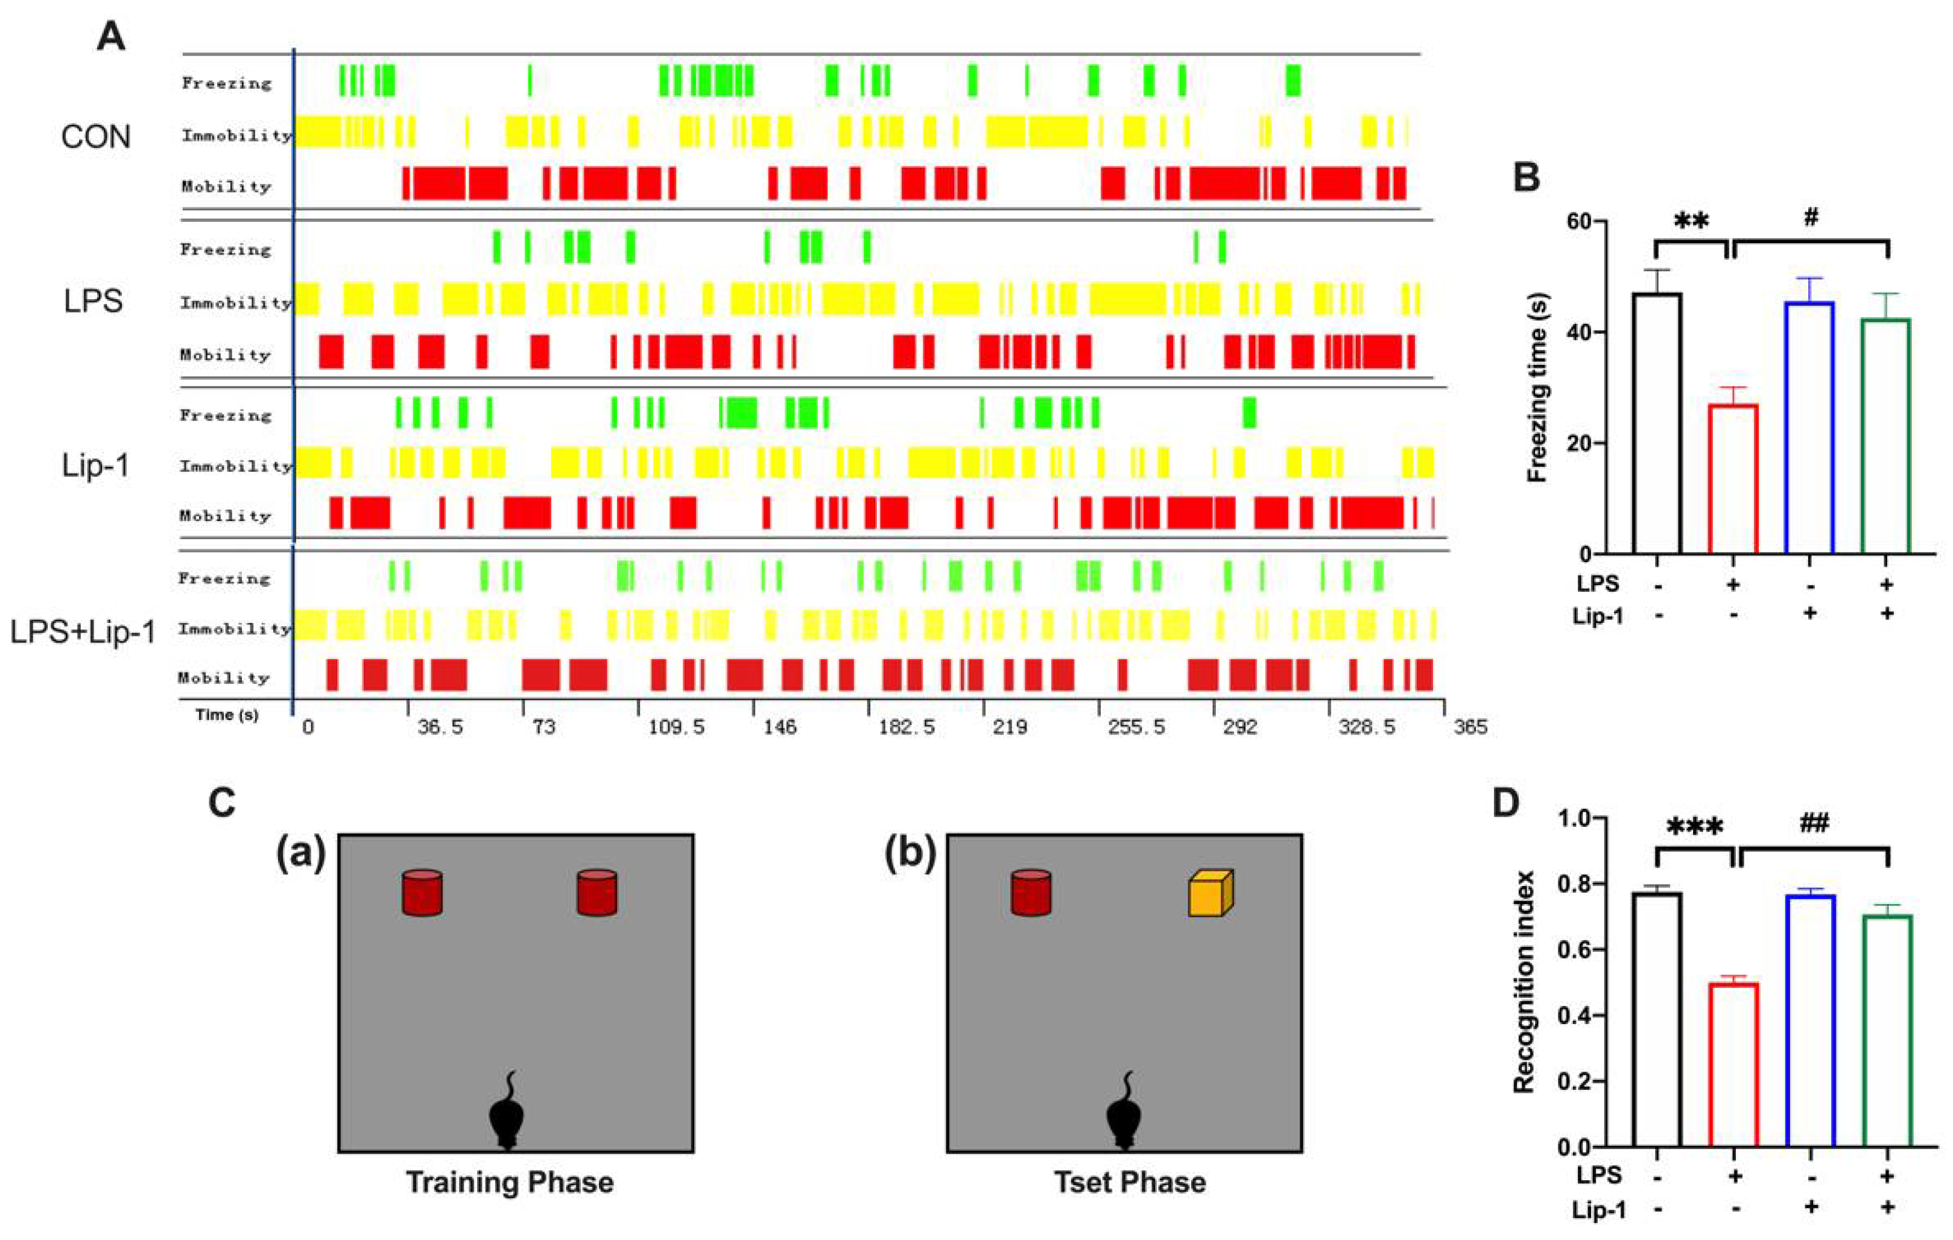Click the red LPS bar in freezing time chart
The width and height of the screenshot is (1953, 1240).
tap(1733, 478)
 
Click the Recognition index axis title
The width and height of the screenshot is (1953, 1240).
tap(1525, 982)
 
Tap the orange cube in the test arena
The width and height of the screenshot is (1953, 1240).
tap(1210, 894)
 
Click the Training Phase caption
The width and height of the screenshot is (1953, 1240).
tap(509, 1183)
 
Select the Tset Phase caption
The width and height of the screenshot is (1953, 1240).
tap(1130, 1183)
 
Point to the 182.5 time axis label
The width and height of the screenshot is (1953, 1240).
tap(907, 727)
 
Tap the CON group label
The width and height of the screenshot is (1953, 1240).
tap(96, 136)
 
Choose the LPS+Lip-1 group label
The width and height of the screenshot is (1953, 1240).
tap(83, 631)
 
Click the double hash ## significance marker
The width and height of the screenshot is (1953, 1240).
tap(1814, 823)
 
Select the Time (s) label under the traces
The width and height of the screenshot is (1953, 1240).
tap(226, 715)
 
